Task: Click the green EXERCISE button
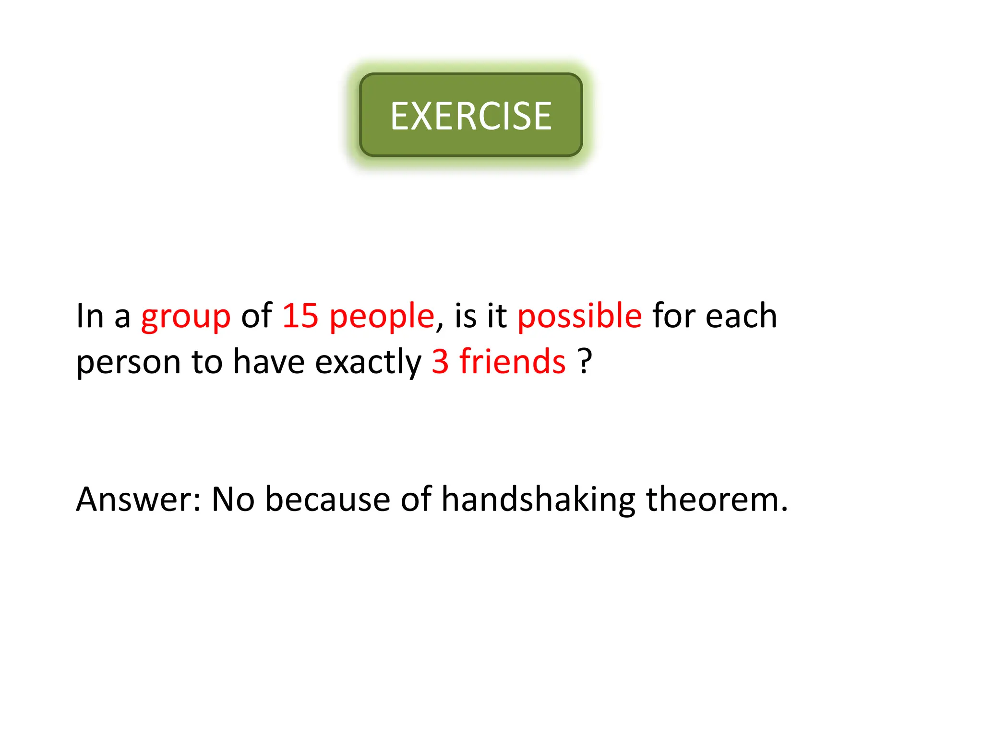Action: click(471, 115)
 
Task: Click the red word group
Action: click(186, 317)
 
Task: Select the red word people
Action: click(382, 317)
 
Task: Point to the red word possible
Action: click(579, 317)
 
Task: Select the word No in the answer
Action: click(233, 499)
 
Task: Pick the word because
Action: click(328, 499)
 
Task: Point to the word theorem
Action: click(717, 499)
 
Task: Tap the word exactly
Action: click(368, 363)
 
